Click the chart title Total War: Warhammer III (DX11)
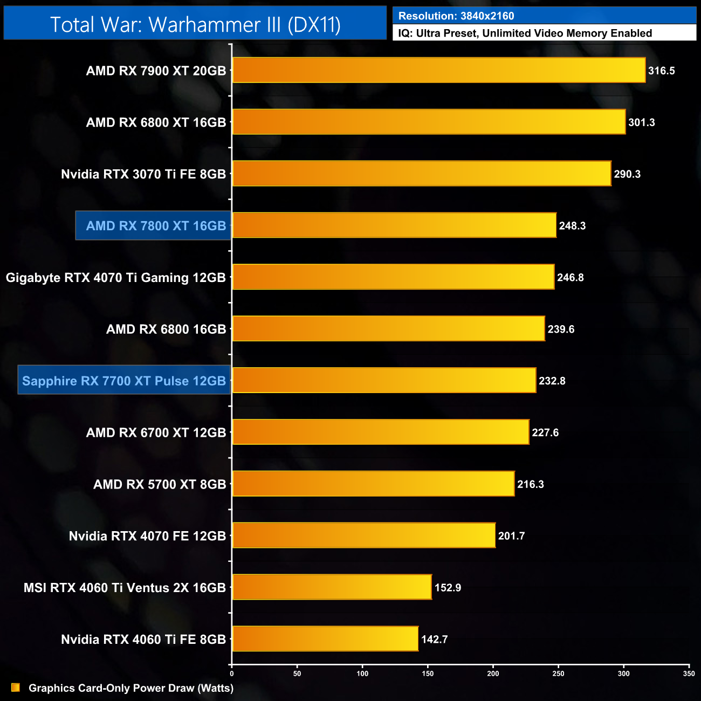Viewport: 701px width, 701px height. (x=195, y=25)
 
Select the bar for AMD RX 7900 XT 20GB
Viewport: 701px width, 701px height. (x=438, y=71)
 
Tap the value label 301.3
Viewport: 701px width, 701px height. (x=641, y=122)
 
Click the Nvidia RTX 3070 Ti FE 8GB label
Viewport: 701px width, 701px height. (x=143, y=174)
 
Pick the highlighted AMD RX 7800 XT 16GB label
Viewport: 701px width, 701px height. (x=156, y=226)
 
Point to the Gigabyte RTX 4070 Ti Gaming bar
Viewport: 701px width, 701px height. (x=393, y=277)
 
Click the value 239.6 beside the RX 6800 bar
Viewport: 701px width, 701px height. (x=561, y=329)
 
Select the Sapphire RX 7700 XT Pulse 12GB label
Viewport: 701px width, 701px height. (x=124, y=381)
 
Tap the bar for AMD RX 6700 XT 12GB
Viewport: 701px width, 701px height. (x=381, y=432)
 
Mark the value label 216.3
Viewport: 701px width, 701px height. (x=531, y=484)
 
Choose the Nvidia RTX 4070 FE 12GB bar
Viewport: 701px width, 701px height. (x=364, y=536)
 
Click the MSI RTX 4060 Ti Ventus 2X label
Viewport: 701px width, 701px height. (x=125, y=588)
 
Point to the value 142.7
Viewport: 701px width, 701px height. (x=434, y=640)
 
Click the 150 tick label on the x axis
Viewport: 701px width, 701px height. (x=428, y=673)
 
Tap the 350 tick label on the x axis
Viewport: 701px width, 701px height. (x=689, y=673)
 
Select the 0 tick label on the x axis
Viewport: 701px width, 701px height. (x=232, y=673)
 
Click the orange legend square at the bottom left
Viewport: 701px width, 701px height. (x=16, y=688)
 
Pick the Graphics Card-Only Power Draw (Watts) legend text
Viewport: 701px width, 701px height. (x=131, y=688)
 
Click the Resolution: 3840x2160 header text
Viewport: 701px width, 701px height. (x=456, y=16)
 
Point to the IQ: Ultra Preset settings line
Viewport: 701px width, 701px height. (x=525, y=33)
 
